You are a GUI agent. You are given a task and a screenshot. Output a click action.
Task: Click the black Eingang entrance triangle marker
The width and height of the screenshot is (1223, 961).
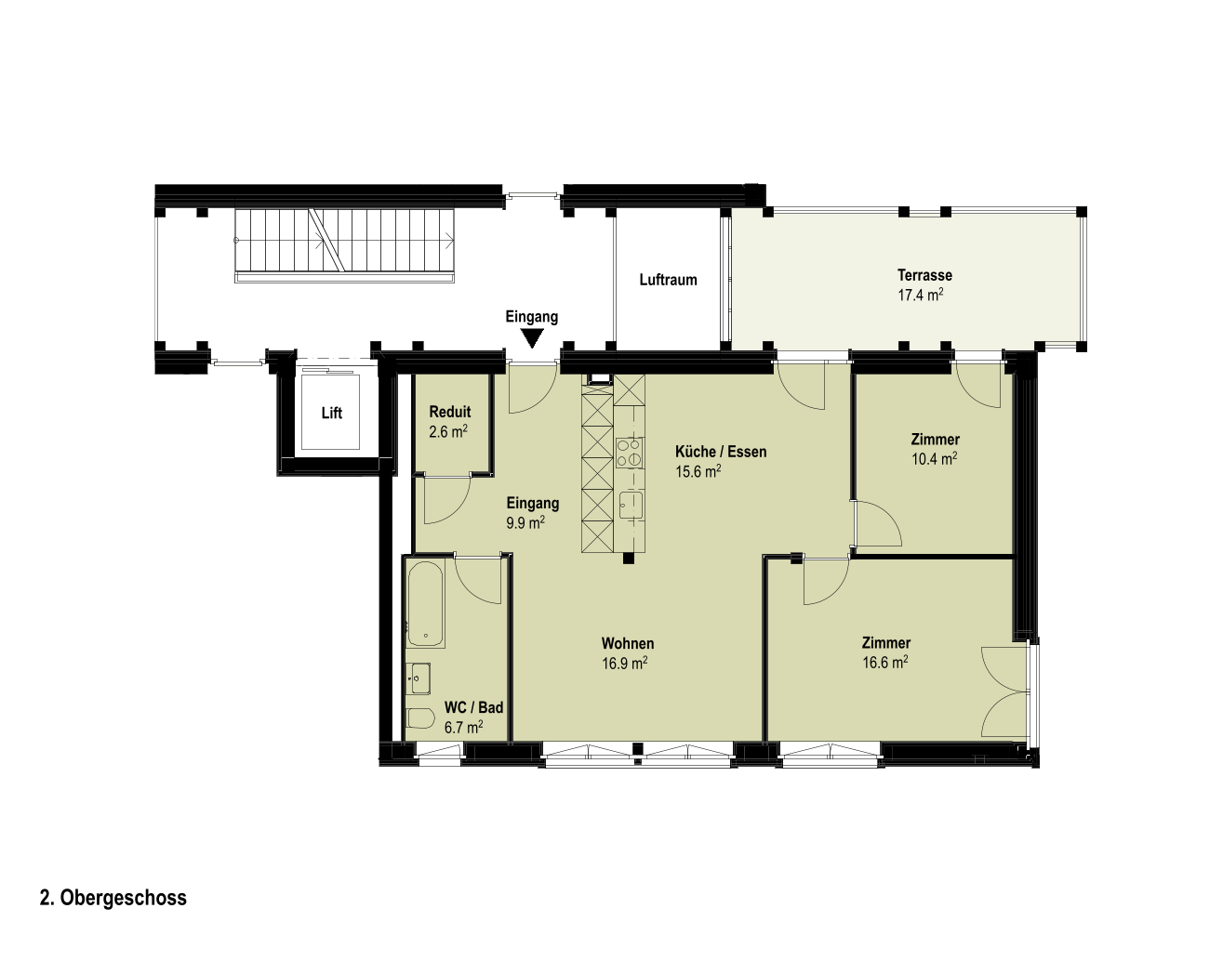[532, 338]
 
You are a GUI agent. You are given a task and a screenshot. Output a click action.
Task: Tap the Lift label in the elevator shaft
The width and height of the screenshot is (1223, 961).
[331, 413]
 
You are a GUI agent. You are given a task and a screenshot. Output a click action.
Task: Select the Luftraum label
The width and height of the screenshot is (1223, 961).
[668, 280]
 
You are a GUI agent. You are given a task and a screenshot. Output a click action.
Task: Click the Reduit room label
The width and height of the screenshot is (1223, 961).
[450, 412]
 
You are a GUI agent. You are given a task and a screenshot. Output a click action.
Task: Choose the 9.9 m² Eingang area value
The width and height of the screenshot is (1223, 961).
[525, 522]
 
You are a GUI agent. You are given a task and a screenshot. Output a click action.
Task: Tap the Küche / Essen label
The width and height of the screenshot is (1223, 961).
[721, 452]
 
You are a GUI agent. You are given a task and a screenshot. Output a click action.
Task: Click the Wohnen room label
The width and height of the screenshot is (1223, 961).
[628, 643]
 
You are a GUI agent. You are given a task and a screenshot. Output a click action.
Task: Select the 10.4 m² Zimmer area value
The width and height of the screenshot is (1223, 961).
[935, 458]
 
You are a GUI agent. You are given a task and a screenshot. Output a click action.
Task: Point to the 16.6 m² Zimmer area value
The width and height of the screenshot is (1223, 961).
[884, 662]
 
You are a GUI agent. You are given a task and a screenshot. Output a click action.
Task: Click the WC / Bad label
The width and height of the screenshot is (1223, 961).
[474, 707]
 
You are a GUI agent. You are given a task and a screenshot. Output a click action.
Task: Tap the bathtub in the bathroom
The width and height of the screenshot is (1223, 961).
[426, 604]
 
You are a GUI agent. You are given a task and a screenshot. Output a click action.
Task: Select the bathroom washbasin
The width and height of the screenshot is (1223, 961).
[419, 678]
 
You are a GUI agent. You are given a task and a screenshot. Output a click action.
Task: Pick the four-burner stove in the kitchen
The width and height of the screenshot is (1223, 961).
[630, 453]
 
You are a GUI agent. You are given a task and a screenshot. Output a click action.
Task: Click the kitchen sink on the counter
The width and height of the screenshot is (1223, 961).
[631, 505]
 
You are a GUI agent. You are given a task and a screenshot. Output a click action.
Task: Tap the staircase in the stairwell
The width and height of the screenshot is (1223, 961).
[345, 245]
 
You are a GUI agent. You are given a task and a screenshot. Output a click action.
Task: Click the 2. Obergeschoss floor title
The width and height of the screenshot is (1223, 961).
[113, 898]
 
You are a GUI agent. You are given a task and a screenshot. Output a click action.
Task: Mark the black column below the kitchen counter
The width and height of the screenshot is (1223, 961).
[628, 559]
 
